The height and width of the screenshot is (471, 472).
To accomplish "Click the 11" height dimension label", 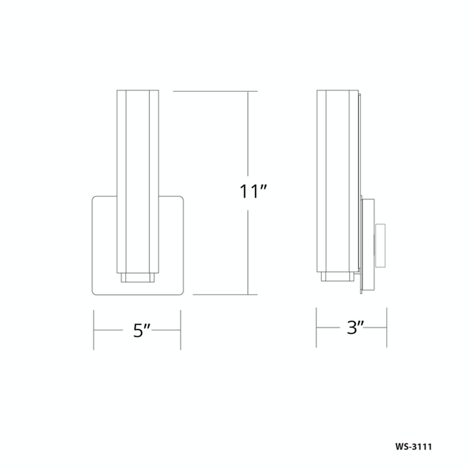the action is pos(253,191).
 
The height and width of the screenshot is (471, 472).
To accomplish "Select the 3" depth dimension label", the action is pos(355,327).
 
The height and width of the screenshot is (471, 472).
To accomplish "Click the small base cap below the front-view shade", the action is pos(138,278).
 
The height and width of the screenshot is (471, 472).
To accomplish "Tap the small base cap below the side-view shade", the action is pos(337,276).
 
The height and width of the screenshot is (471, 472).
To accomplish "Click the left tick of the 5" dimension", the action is pos(94,330).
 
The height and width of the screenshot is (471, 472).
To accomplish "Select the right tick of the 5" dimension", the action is pos(181,330).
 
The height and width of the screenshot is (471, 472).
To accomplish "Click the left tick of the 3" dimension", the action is pos(316,327).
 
